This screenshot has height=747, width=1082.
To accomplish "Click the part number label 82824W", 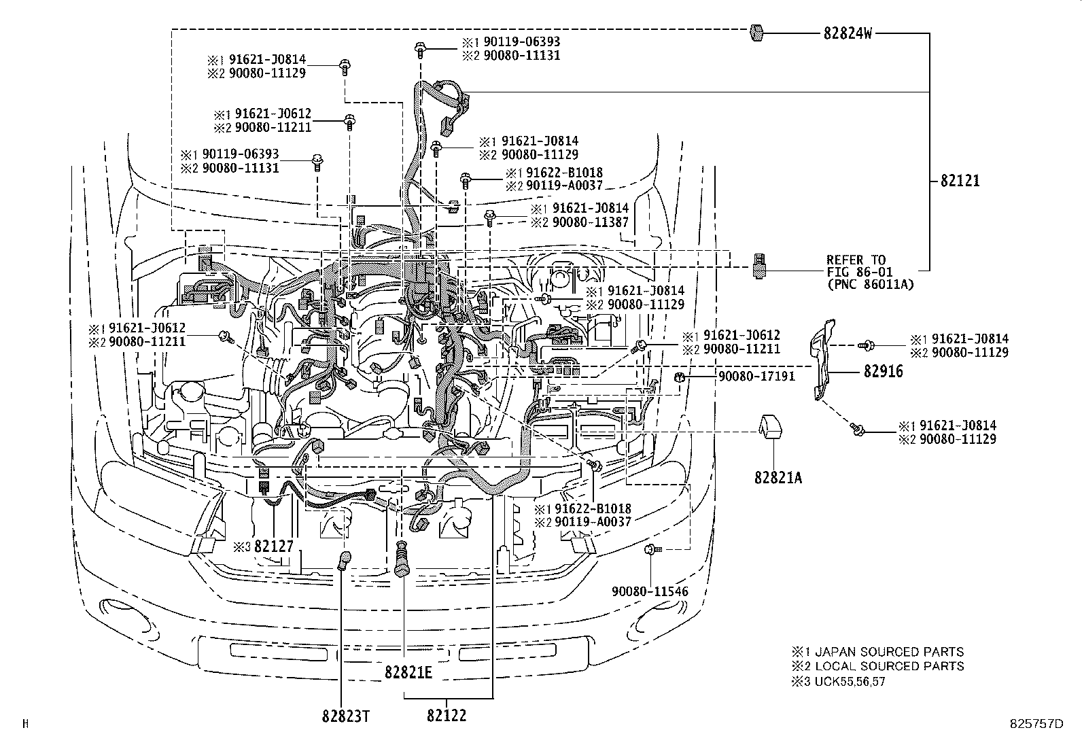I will coord(847,33).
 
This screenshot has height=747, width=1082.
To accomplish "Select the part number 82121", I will coord(960,181).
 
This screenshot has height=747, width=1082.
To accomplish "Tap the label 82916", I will coord(884,372).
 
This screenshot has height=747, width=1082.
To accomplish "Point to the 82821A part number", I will coord(778,478).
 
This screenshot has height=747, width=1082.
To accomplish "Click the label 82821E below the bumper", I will coord(408,672).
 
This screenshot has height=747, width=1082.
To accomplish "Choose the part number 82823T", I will coord(345,715).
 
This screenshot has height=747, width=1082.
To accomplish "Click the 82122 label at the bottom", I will coord(447,715).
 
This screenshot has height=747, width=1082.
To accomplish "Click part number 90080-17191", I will coord(756,376).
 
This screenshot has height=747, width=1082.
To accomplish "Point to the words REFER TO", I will coord(856,260).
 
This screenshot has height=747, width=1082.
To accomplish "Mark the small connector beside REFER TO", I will coord(760,266).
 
